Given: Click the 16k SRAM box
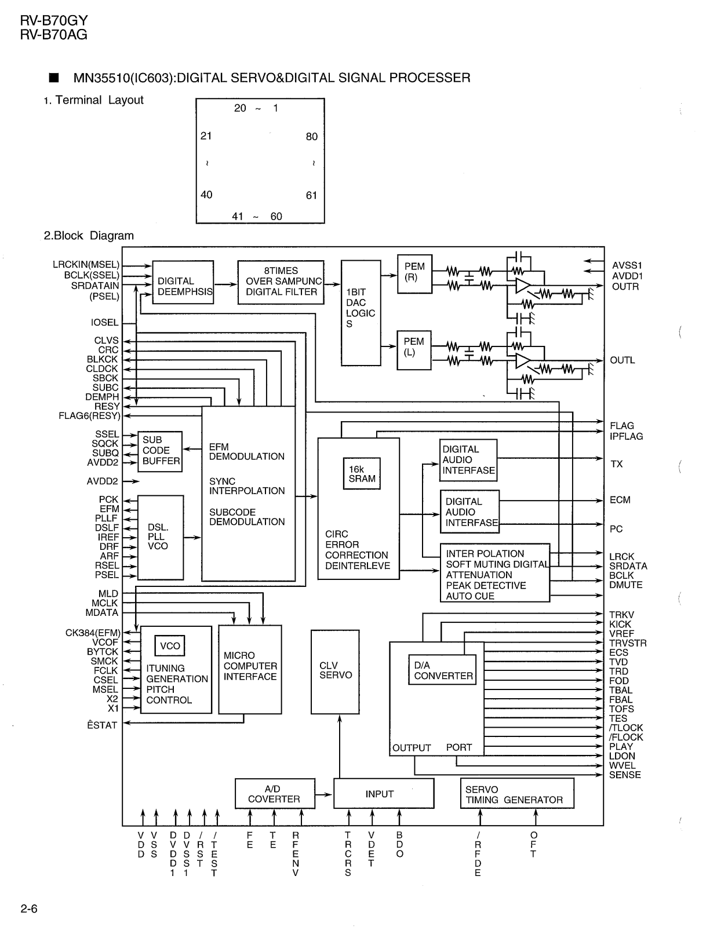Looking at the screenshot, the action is point(362,473).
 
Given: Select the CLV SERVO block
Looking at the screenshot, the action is point(335,672).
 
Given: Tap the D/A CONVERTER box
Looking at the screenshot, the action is point(442,670).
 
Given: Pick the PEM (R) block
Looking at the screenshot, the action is point(414,274).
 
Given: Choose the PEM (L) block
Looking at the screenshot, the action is point(414,350).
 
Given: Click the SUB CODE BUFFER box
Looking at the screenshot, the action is point(160,451).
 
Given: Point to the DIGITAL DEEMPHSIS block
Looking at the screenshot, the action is point(183,282).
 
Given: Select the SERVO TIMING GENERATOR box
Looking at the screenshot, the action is point(517,793).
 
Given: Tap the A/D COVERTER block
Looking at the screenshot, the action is point(275,794).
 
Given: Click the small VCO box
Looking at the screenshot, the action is point(170,646).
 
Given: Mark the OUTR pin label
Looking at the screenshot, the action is point(625,287).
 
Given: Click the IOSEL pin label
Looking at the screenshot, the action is point(104,323).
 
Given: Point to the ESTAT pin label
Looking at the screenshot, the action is point(102,725).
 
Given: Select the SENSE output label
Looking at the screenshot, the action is point(625,775).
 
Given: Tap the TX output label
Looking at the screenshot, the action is point(616,464).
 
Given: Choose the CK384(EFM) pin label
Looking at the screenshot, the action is point(93,633).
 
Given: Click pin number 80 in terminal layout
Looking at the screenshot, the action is point(312,137).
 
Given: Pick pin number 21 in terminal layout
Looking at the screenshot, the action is point(206,136).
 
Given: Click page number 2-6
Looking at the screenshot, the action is point(29,908).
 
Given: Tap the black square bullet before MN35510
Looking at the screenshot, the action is point(54,78).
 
